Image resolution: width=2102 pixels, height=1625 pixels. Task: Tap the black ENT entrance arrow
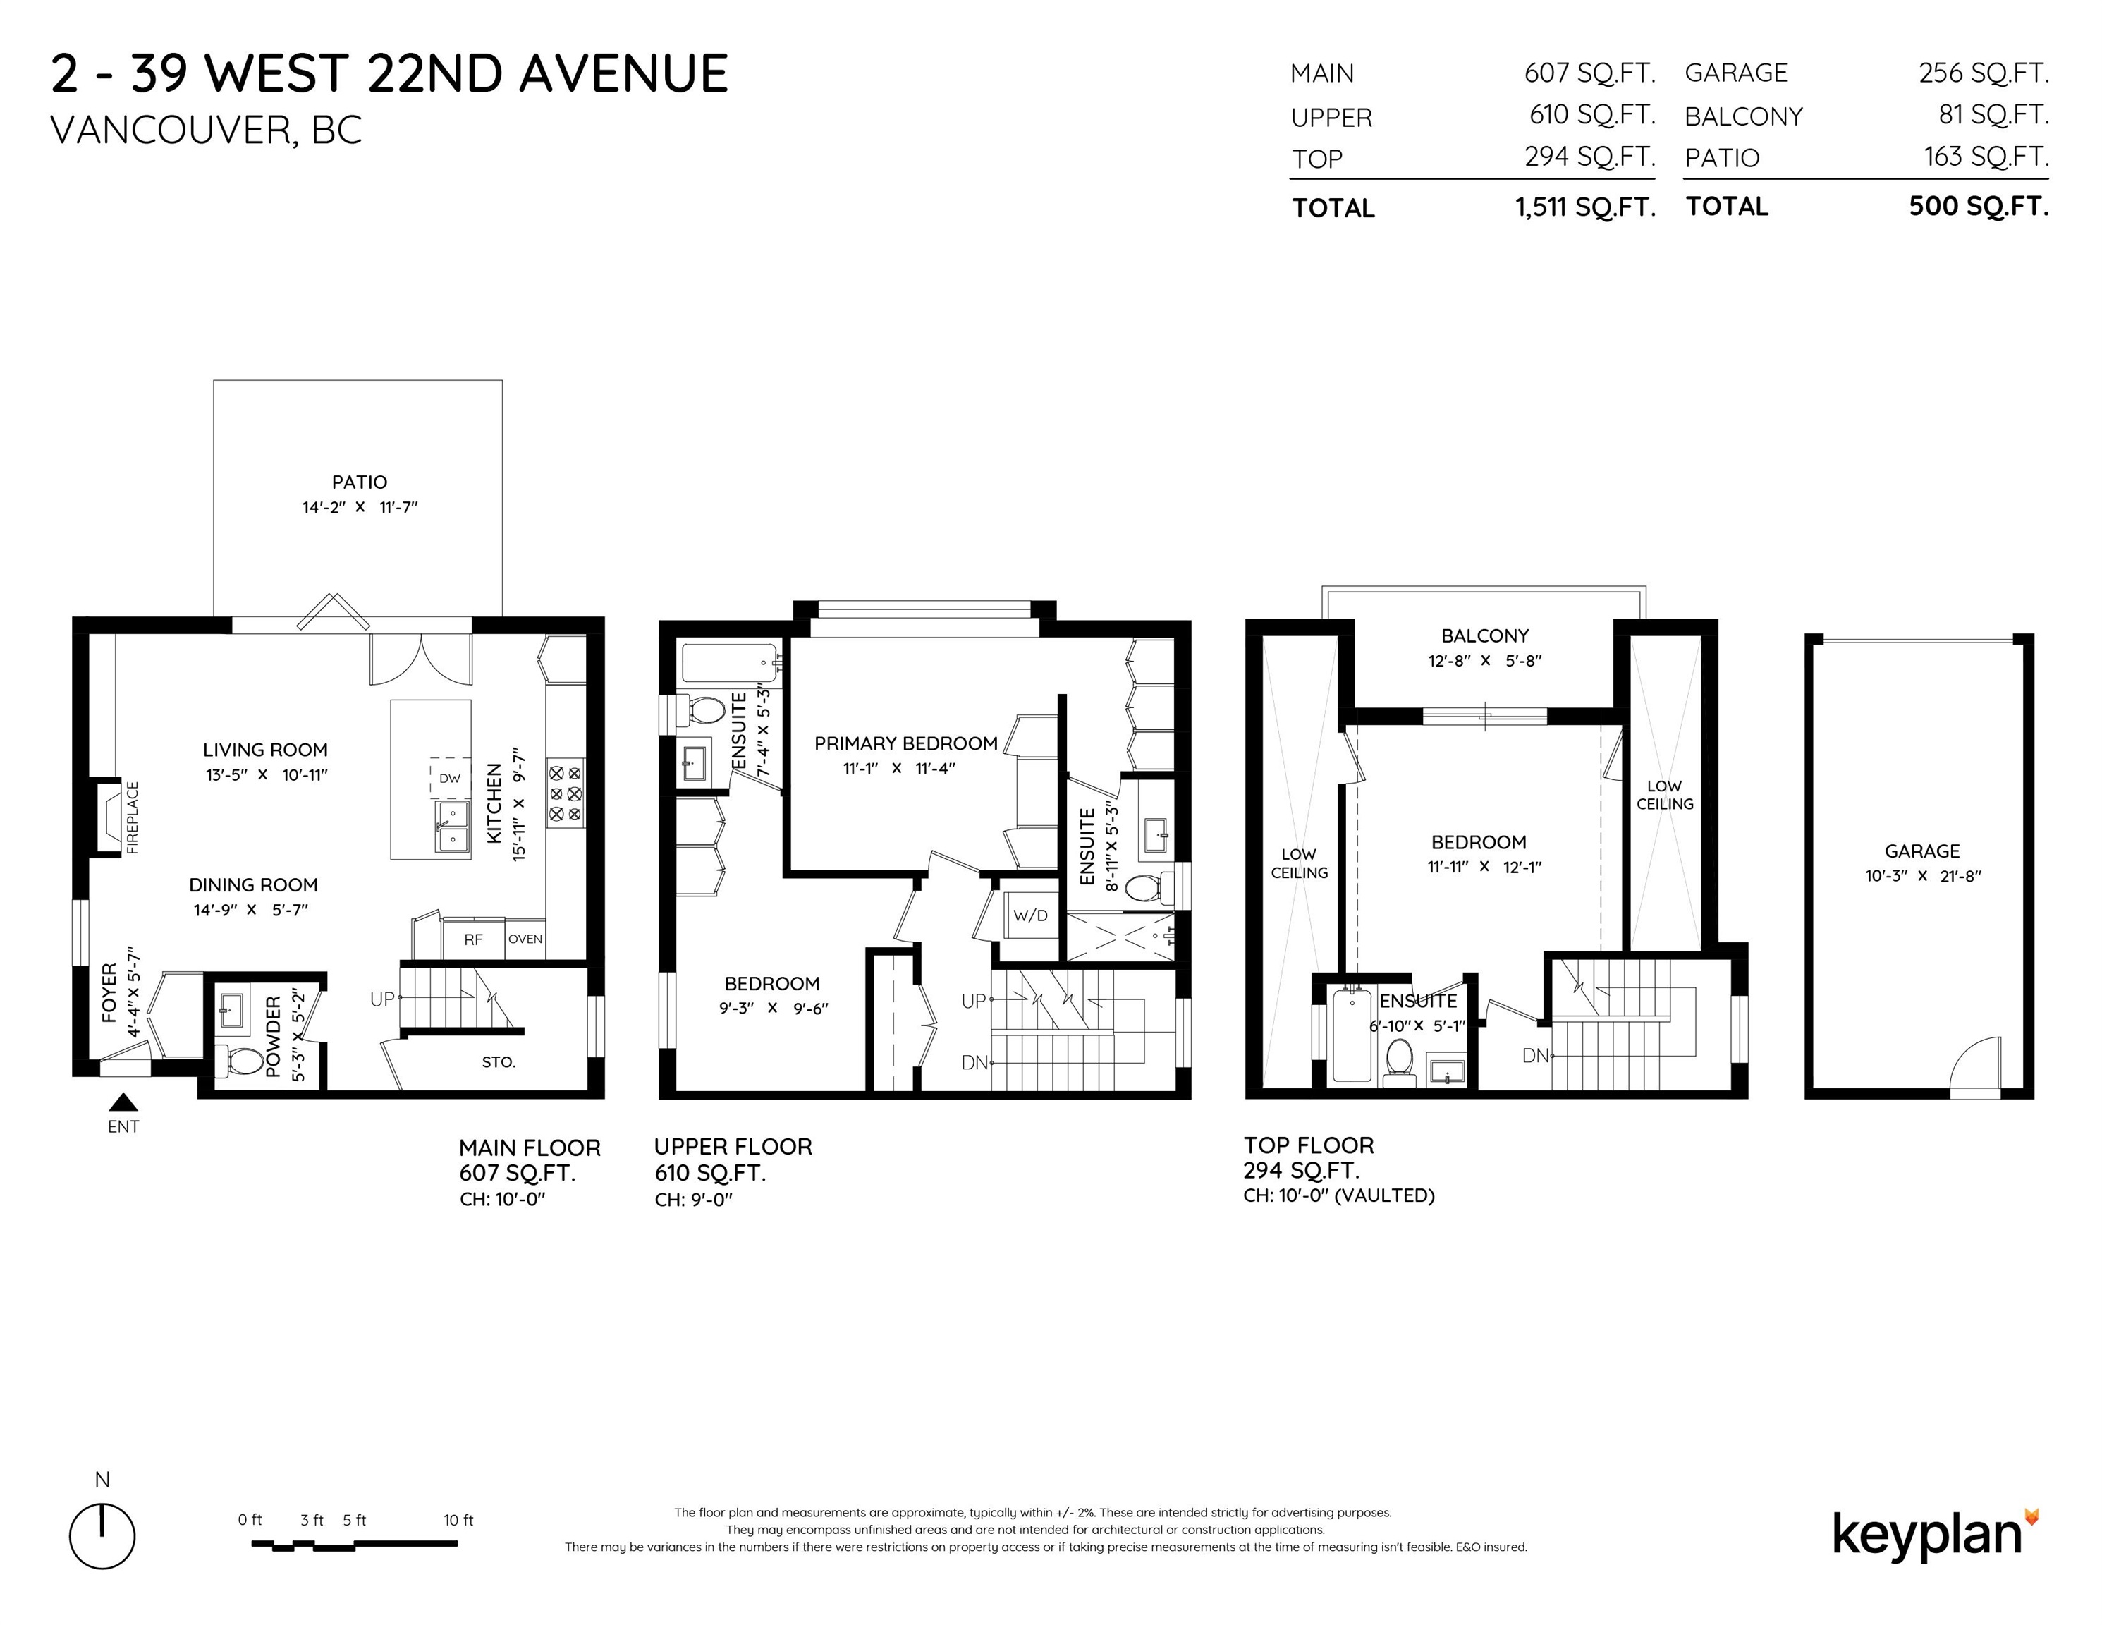click(x=123, y=1102)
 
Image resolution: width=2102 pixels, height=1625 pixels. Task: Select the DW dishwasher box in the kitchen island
click(x=449, y=778)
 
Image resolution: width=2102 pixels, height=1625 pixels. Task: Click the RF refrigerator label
click(x=474, y=939)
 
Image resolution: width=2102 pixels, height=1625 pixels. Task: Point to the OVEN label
click(x=525, y=939)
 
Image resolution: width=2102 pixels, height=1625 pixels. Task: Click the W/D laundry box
click(x=1029, y=915)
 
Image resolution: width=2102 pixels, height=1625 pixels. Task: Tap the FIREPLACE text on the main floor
click(x=133, y=817)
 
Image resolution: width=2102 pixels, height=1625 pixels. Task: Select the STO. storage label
click(x=499, y=1062)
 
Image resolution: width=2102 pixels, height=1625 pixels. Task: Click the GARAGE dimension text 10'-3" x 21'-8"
click(x=1922, y=876)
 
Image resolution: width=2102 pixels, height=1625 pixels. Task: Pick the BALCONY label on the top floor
click(x=1485, y=635)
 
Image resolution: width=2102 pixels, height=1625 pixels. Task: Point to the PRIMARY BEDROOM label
click(x=905, y=743)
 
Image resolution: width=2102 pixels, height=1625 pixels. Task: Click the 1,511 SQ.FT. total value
click(x=1585, y=207)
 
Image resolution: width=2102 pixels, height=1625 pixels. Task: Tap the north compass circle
click(x=102, y=1535)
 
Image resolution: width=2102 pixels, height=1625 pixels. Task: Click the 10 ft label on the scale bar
click(x=458, y=1520)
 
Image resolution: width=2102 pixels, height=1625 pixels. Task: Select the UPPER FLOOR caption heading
click(x=733, y=1147)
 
